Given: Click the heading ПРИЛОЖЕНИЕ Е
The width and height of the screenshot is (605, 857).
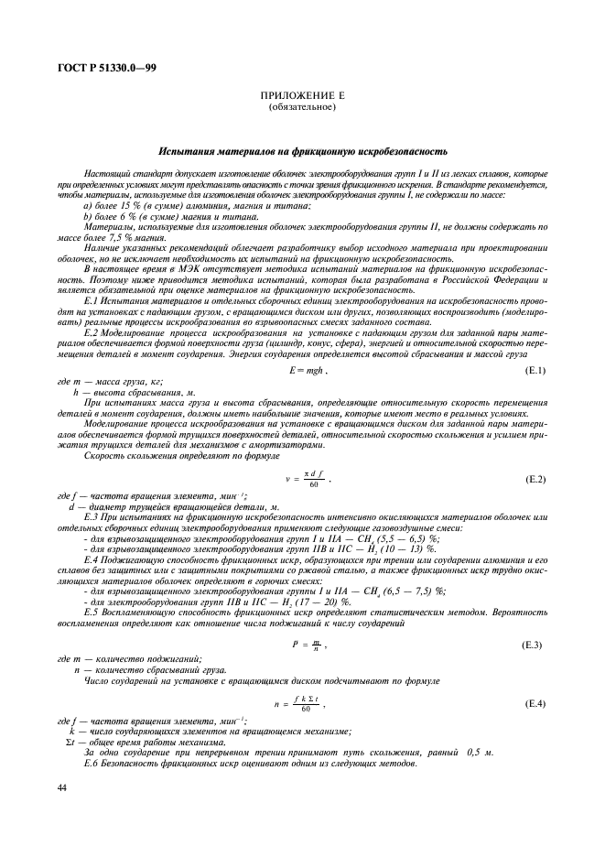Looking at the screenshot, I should (302, 97).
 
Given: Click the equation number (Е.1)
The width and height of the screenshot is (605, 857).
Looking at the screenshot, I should (535, 370).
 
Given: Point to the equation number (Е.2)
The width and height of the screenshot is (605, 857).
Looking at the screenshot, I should (535, 479).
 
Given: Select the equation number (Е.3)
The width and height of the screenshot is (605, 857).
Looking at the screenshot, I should (535, 645).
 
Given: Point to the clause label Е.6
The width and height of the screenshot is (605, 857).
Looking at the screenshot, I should (91, 764).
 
